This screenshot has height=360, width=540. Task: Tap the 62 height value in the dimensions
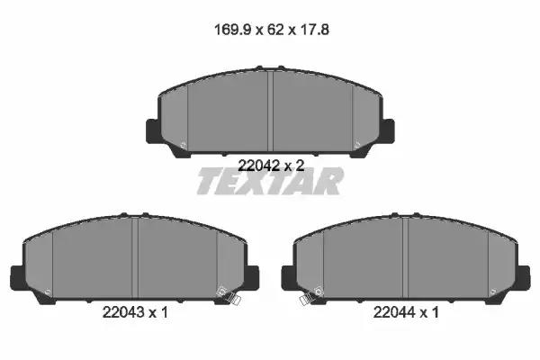coord(275,30)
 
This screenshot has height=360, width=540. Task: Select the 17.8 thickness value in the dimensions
coord(314,30)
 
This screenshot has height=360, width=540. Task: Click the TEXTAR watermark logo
coord(270,182)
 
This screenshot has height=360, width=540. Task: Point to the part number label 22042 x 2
coord(272,166)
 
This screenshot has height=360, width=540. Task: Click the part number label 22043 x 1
coord(135,312)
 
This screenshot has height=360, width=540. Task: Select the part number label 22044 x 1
coord(407,312)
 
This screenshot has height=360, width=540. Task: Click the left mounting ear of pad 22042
coord(153,130)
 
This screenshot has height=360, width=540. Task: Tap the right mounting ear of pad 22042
coord(388,130)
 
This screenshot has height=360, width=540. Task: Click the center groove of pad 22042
coord(270,111)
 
